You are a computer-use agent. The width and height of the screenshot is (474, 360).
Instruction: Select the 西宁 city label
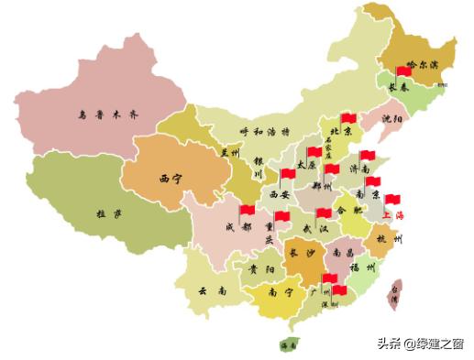point(171,178)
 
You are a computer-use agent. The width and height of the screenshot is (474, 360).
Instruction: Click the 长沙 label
point(302,254)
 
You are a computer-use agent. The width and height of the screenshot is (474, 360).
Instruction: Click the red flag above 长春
point(403,71)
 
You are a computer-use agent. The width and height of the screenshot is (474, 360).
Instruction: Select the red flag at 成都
point(246,211)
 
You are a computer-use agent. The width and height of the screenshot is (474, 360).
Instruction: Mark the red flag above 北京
point(347,118)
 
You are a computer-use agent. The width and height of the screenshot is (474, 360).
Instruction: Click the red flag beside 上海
point(393,199)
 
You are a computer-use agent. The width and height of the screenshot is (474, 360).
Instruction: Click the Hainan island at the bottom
point(290,344)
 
